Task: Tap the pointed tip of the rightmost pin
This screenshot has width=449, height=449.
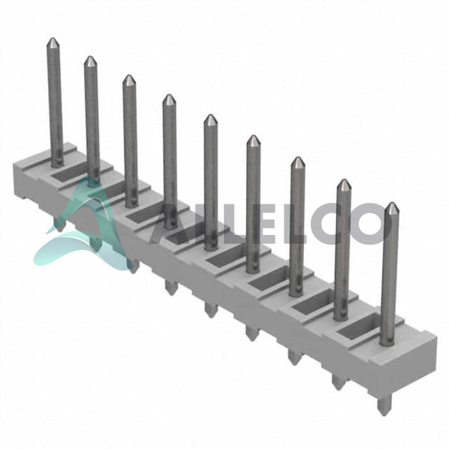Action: coord(391,203)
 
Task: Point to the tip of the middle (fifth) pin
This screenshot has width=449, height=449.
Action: coord(211,115)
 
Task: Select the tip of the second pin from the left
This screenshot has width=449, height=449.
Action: coord(91,57)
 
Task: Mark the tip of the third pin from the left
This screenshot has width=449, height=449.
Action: coord(129,76)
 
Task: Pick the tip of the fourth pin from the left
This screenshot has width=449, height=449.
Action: coord(169,95)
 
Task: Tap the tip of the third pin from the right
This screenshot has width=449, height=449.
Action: coord(298,157)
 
